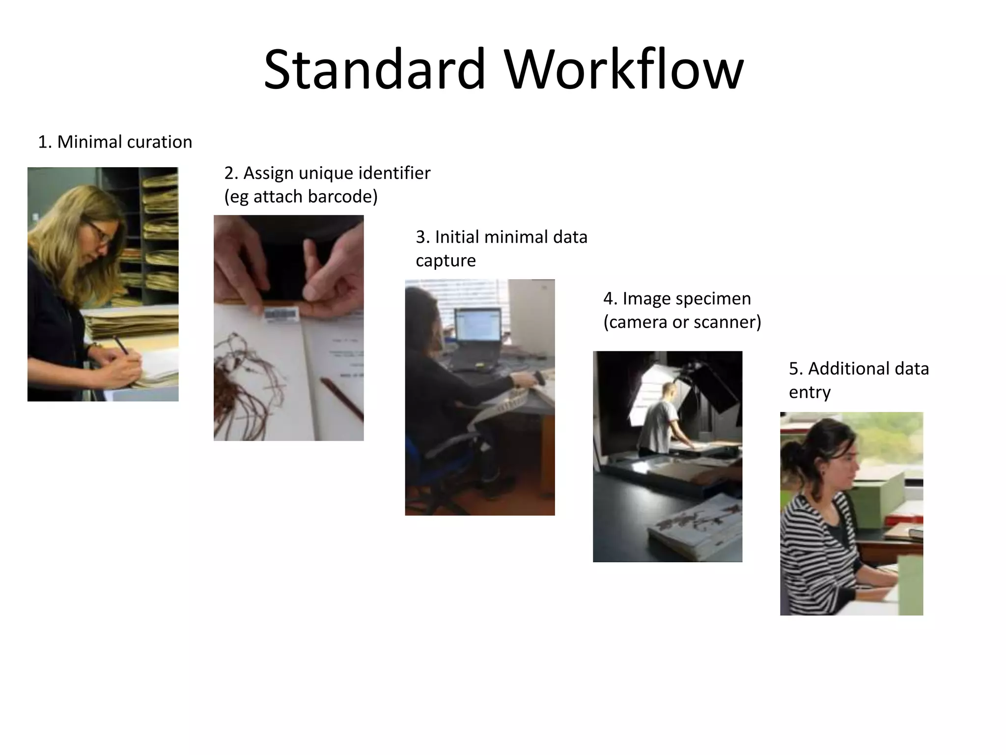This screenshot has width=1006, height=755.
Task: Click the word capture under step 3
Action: click(446, 261)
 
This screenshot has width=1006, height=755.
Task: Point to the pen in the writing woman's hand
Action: click(121, 345)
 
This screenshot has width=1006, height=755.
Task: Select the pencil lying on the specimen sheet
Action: click(341, 398)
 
